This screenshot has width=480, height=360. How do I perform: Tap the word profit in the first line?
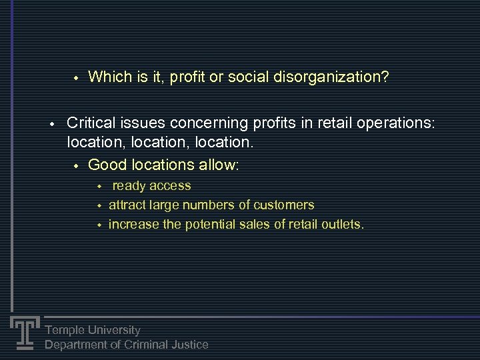[188, 77]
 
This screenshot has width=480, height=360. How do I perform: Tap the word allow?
[217, 165]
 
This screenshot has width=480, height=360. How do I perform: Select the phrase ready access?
[151, 186]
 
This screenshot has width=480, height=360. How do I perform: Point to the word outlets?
[341, 225]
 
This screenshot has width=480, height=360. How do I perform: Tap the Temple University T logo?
[25, 332]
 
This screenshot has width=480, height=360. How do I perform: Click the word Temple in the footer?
[65, 330]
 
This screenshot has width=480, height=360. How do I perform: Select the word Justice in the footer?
[189, 345]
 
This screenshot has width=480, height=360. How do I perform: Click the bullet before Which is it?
[76, 78]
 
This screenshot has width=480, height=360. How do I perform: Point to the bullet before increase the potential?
[99, 225]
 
